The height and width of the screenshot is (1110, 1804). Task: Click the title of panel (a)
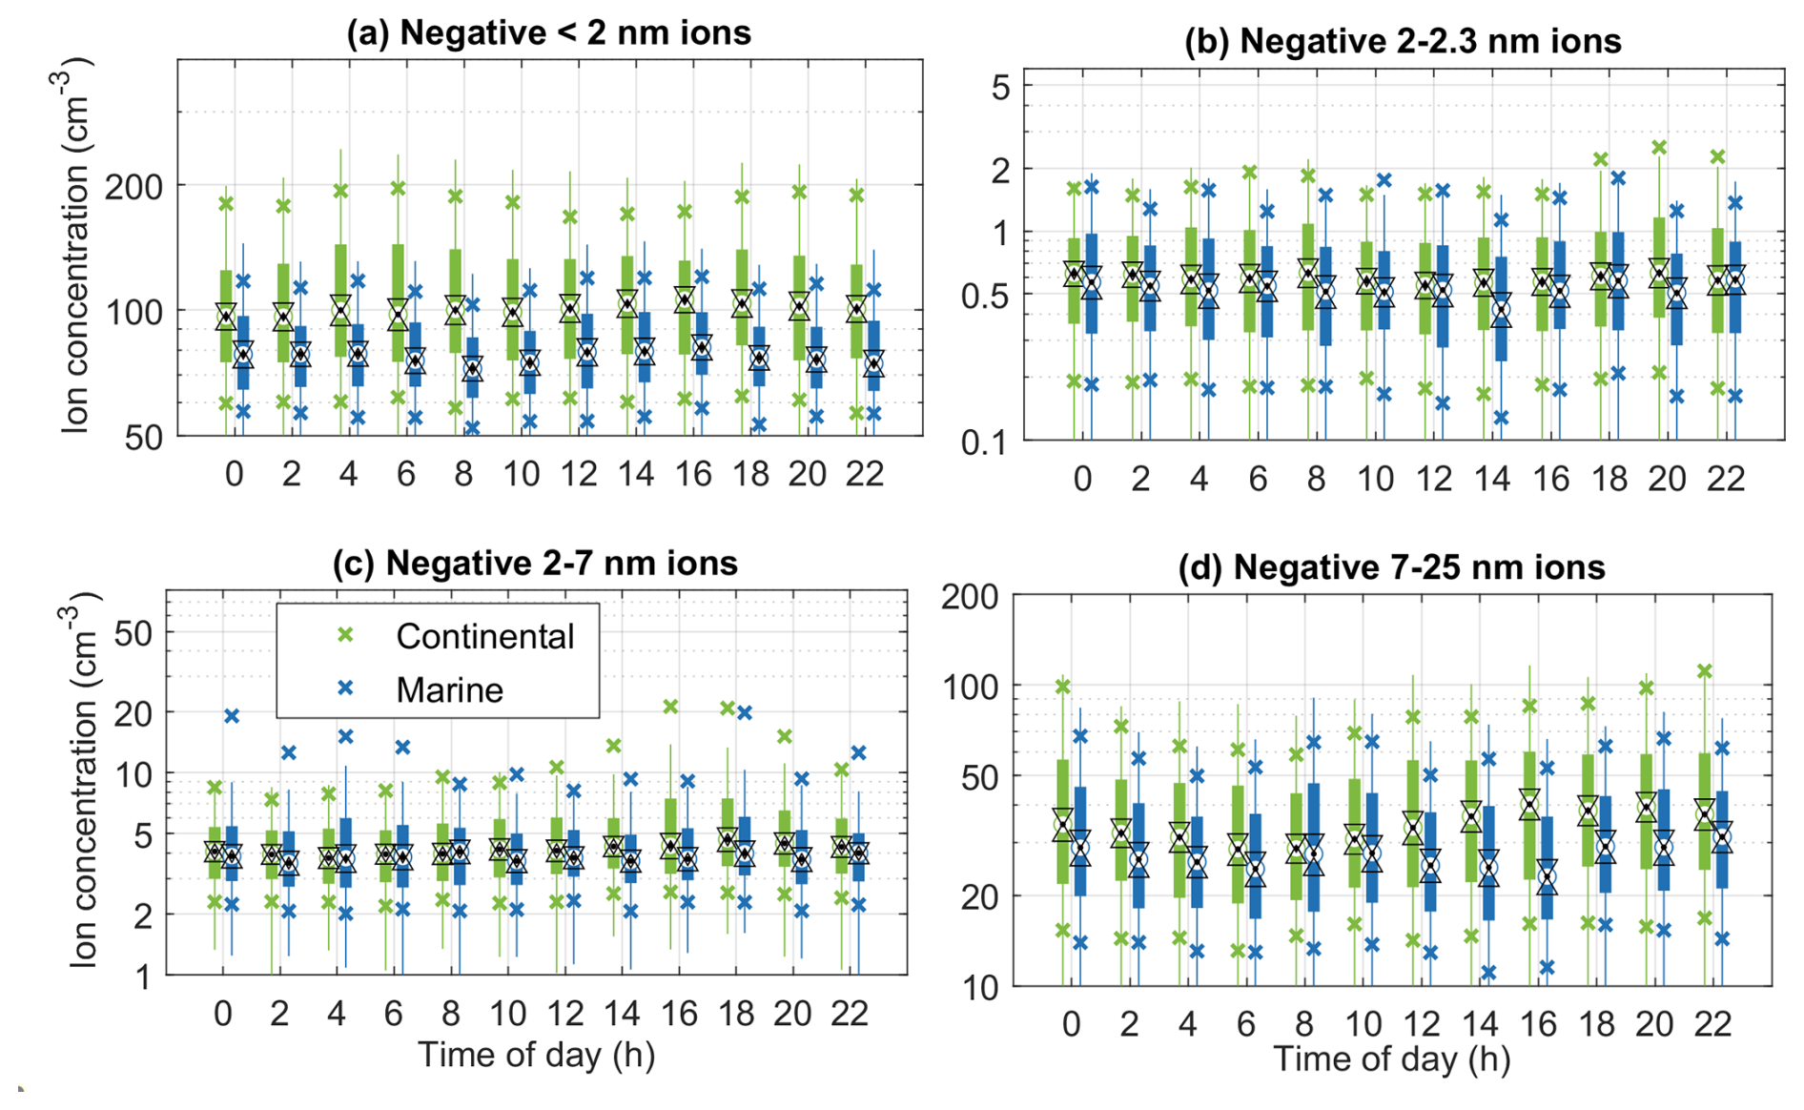pyautogui.click(x=548, y=32)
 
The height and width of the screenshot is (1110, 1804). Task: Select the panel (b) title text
pyautogui.click(x=1402, y=41)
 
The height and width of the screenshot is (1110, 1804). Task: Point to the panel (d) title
pyautogui.click(x=1391, y=567)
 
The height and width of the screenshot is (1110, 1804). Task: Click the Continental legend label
pyautogui.click(x=484, y=636)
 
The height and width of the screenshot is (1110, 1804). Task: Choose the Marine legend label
pyautogui.click(x=449, y=689)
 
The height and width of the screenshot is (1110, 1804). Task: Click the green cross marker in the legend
pyautogui.click(x=345, y=635)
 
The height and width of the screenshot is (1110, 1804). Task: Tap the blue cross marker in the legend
pyautogui.click(x=345, y=688)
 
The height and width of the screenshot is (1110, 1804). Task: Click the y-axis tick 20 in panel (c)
pyautogui.click(x=133, y=712)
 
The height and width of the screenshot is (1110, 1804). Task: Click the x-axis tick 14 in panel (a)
pyautogui.click(x=636, y=474)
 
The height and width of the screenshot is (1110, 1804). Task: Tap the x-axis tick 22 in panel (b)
pyautogui.click(x=1725, y=479)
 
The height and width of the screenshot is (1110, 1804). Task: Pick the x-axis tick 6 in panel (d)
pyautogui.click(x=1246, y=1024)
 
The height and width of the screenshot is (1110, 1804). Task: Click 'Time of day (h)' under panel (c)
pyautogui.click(x=536, y=1055)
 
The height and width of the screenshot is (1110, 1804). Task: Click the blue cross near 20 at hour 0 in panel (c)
pyautogui.click(x=231, y=715)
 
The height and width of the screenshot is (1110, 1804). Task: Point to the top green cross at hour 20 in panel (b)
pyautogui.click(x=1659, y=148)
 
